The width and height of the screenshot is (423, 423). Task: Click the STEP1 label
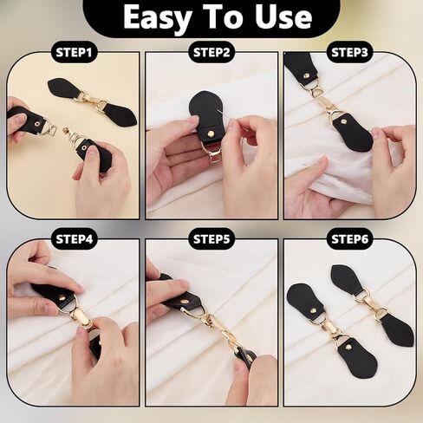pyautogui.click(x=74, y=53)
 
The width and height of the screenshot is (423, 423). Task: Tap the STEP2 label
pyautogui.click(x=211, y=53)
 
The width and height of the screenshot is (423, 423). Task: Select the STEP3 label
pyautogui.click(x=349, y=53)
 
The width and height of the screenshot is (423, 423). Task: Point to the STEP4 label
pyautogui.click(x=75, y=239)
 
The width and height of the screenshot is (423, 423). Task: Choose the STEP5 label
pyautogui.click(x=211, y=239)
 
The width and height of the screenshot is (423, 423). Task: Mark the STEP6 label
pyautogui.click(x=349, y=239)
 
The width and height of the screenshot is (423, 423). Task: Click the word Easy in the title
pyautogui.click(x=157, y=18)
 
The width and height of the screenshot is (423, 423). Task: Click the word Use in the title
pyautogui.click(x=283, y=17)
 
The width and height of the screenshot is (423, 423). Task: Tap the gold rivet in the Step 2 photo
pyautogui.click(x=211, y=133)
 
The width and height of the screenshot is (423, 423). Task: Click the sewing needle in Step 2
pyautogui.click(x=229, y=117)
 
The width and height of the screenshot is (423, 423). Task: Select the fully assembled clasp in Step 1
pyautogui.click(x=93, y=101)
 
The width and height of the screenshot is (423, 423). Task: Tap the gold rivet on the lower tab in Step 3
pyautogui.click(x=344, y=120)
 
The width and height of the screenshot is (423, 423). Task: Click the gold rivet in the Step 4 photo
pyautogui.click(x=63, y=296)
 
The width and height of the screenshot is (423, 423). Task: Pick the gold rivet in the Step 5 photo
pyautogui.click(x=184, y=303)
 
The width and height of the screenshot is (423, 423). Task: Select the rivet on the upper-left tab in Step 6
pyautogui.click(x=312, y=310)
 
